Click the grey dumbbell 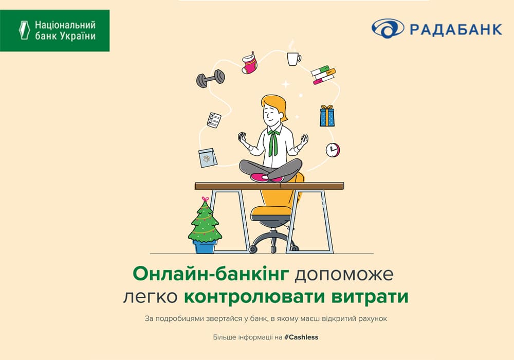210,78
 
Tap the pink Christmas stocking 250,63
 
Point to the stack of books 323,75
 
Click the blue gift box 327,116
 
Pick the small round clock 333,150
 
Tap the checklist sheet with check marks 214,120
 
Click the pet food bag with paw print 208,158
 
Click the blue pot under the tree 205,246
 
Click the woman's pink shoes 266,177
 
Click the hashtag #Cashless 301,337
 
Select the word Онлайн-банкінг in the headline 211,274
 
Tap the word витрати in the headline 370,296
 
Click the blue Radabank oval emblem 388,28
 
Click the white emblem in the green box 24,30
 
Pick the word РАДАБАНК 456,29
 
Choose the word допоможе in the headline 344,275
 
